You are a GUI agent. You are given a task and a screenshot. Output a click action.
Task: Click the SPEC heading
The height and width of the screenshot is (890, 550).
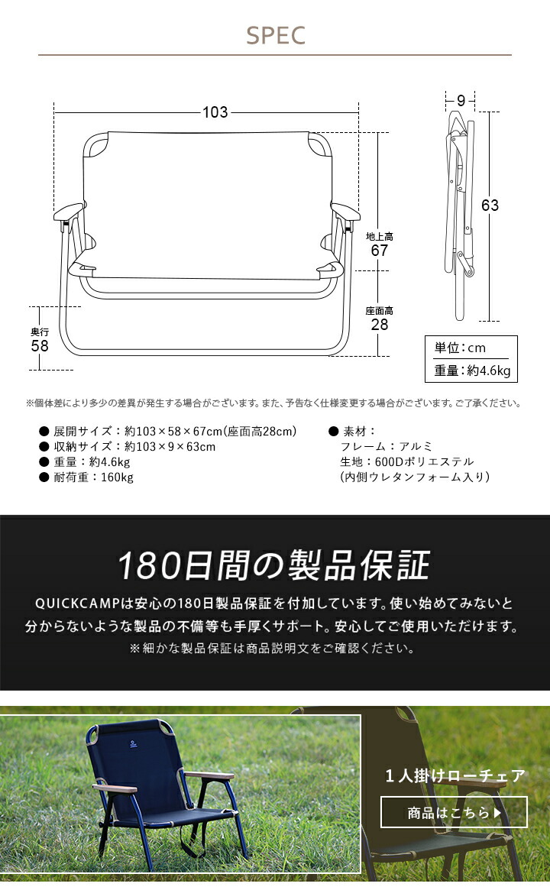[x=275, y=35]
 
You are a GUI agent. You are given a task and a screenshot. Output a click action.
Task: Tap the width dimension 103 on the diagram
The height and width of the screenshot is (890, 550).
[x=215, y=112]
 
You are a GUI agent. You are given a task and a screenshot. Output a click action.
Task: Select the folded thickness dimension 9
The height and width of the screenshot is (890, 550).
[x=461, y=99]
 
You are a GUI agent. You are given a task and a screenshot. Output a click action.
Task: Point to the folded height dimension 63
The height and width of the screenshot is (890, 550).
[x=490, y=205]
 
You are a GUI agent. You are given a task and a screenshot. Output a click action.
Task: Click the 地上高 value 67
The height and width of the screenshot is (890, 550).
[x=379, y=251]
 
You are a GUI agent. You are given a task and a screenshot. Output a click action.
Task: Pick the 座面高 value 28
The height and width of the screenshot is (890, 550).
[x=379, y=325]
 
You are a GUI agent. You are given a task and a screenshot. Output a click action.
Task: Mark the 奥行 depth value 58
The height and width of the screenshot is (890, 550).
[x=40, y=345]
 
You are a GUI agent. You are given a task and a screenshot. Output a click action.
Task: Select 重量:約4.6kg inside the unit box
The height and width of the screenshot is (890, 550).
[x=471, y=371]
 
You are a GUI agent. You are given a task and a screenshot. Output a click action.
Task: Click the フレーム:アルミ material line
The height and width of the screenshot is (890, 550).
[x=387, y=447]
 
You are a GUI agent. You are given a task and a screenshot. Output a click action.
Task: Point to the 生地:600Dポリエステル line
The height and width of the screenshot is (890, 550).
[x=406, y=462]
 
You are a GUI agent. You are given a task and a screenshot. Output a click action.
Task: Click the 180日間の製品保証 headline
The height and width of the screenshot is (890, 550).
[x=274, y=565]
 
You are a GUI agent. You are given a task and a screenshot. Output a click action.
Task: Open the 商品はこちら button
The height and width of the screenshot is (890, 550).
[x=454, y=812]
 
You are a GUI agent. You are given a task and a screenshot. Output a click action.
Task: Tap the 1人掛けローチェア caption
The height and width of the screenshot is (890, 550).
[x=455, y=776]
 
